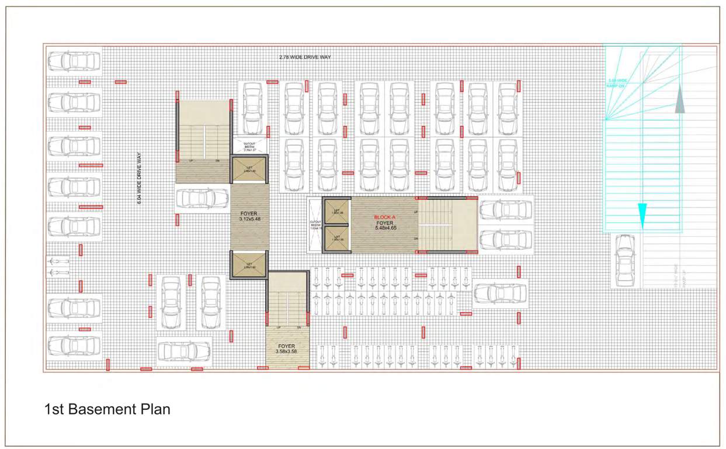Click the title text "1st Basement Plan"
pos(107,409)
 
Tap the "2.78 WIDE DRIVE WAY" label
pos(305,57)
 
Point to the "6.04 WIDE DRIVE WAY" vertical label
pos(139,178)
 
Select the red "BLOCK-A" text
pos(385,217)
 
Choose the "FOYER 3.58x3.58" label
pos(286,349)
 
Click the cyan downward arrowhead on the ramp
pos(642,209)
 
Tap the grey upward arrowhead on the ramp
pos(679,102)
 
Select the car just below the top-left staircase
pos(202,199)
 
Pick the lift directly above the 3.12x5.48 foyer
pos(249,170)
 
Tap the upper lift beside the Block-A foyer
pos(336,212)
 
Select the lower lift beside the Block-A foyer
pos(336,237)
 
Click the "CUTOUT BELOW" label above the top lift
pos(249,146)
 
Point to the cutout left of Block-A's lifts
pos(315,226)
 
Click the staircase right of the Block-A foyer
pos(447,225)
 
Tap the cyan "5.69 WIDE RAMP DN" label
pos(618,82)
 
